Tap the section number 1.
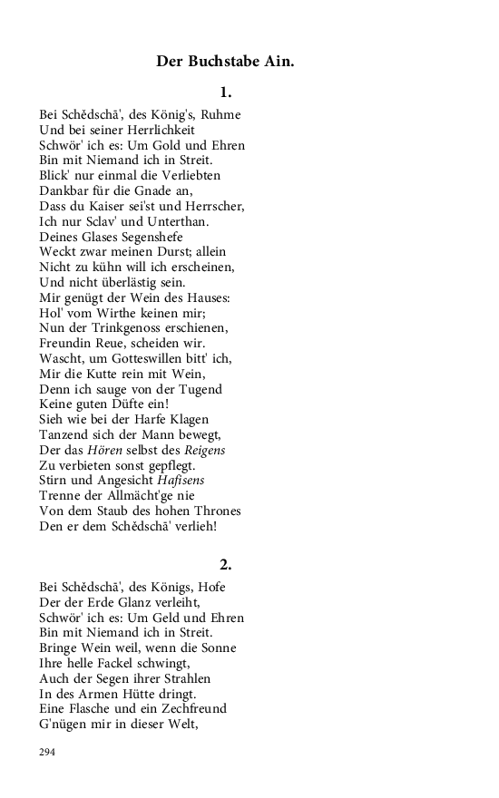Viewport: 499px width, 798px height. (226, 92)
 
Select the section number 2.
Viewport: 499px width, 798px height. (226, 564)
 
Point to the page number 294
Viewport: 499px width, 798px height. (48, 752)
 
